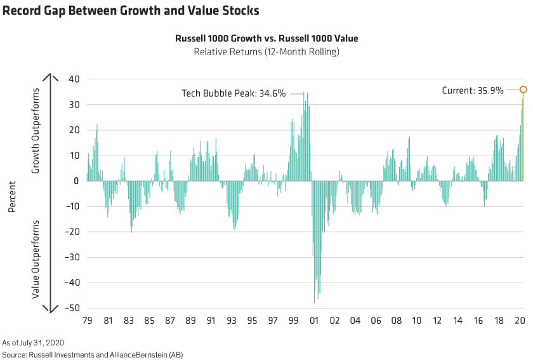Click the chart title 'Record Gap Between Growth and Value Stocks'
(130, 11)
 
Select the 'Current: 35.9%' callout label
(473, 91)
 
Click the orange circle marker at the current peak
(523, 90)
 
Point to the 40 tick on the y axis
(74, 79)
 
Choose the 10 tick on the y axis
(74, 156)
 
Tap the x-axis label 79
(87, 322)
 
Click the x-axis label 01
(313, 322)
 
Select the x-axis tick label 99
(293, 322)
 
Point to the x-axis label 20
(519, 322)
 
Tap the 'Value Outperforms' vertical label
(36, 259)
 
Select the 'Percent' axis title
(13, 197)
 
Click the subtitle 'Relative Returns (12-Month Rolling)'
(266, 52)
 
